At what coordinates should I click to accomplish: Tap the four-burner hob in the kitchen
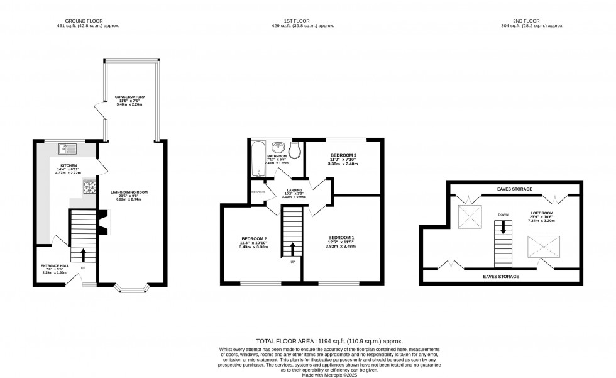89,187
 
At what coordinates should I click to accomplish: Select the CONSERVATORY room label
131,97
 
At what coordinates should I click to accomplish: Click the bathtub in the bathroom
256,160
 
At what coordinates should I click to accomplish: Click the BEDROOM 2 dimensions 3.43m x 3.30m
254,247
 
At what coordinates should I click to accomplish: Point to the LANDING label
293,191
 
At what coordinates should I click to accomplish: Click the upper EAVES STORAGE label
514,189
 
